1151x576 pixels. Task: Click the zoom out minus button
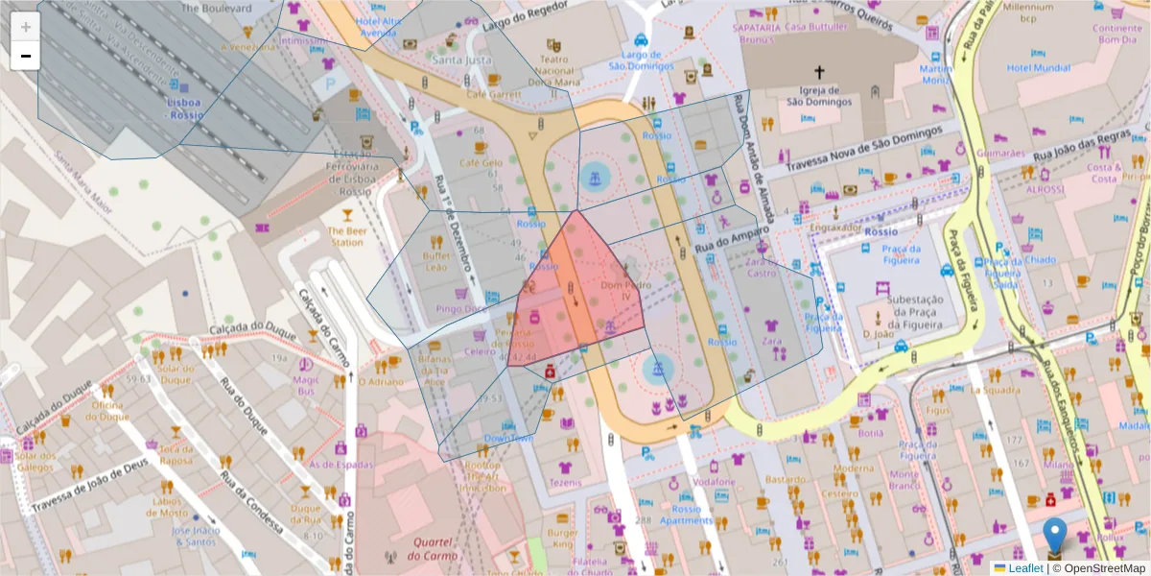tap(26, 56)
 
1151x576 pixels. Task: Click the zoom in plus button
tap(26, 27)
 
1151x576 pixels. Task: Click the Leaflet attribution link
tap(1024, 568)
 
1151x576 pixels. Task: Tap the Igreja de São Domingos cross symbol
tap(819, 73)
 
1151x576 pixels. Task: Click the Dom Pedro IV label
tap(620, 291)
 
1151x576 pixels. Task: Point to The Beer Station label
tap(346, 236)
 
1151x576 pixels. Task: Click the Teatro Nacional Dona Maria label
tap(553, 70)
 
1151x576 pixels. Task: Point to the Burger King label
tap(562, 539)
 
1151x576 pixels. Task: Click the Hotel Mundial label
tap(1039, 68)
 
